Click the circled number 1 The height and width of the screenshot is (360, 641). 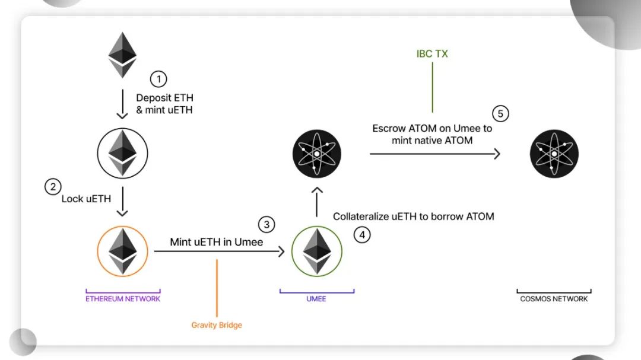(x=158, y=79)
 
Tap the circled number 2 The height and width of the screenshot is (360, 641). (x=53, y=186)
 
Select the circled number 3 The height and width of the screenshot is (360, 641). (x=266, y=224)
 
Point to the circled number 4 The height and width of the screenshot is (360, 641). (x=362, y=235)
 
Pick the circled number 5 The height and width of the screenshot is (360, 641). (x=500, y=113)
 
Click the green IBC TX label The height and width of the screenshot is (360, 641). (x=432, y=54)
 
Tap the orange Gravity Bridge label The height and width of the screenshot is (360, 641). (x=217, y=325)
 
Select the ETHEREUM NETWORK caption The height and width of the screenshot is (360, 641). (x=123, y=299)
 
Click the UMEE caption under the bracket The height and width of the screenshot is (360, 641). (x=317, y=299)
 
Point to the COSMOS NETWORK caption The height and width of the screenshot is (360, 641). (x=554, y=299)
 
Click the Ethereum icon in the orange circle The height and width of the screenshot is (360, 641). (x=122, y=251)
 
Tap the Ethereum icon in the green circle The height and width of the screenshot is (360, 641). (x=317, y=251)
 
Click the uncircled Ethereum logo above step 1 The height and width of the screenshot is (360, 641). (x=122, y=55)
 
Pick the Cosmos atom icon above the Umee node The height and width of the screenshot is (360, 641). (x=317, y=154)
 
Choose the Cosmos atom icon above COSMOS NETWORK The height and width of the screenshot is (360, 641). (x=554, y=154)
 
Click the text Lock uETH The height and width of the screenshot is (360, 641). (x=87, y=199)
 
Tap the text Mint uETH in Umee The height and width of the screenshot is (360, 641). (x=216, y=242)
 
